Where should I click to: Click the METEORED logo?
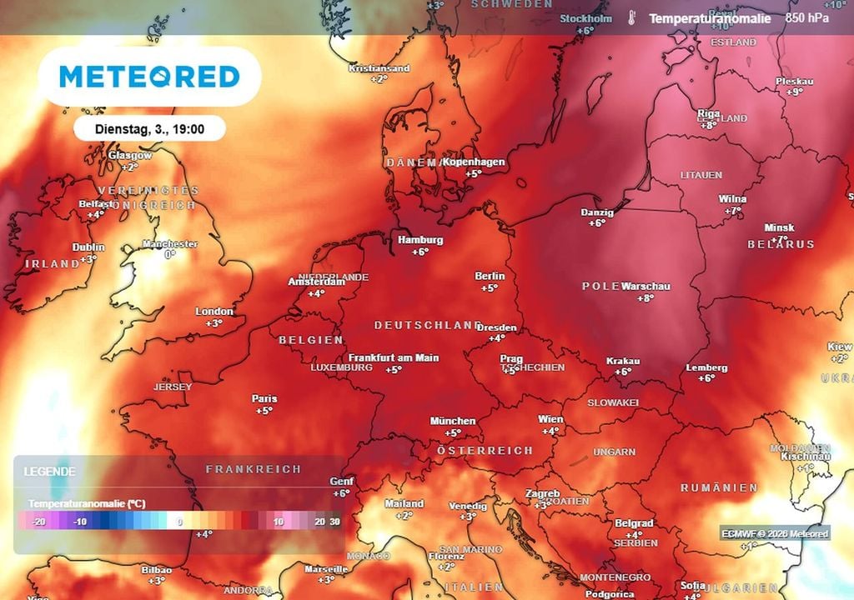[149, 77]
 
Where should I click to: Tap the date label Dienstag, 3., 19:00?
[149, 128]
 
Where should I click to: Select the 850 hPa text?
[806, 18]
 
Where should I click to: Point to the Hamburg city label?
[420, 240]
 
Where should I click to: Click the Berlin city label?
[490, 277]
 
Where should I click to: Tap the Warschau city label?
[646, 287]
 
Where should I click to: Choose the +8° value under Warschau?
[646, 298]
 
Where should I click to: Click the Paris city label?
[264, 399]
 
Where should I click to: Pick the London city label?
[214, 312]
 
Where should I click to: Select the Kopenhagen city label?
[474, 162]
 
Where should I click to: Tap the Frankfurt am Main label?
[394, 357]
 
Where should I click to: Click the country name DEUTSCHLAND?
[428, 325]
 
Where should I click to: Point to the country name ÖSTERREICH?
[485, 450]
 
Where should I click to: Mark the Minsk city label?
[780, 227]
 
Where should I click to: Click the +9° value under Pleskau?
[794, 92]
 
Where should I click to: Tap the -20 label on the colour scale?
[38, 522]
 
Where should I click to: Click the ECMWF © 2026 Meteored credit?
[775, 533]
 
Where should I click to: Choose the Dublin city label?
[88, 247]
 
